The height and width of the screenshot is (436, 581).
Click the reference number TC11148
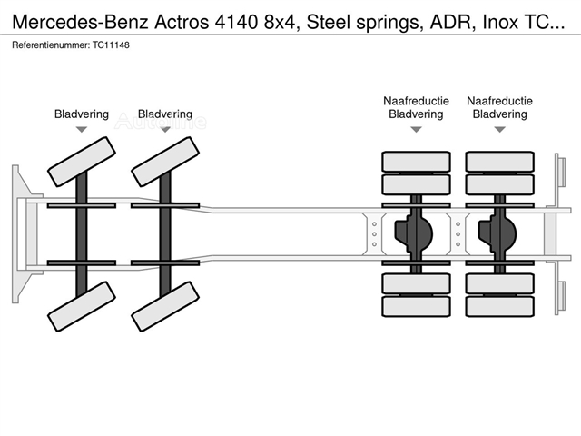111,45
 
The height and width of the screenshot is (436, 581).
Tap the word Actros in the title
182,22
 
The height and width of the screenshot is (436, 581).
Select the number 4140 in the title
236,22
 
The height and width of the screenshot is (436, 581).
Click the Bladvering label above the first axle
82,114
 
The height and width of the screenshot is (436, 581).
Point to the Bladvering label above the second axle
165,114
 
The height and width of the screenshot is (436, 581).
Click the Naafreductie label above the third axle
416,101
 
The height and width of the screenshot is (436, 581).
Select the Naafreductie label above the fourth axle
500,101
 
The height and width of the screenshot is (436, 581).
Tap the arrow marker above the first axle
82,129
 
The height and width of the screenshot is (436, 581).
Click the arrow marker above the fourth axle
500,129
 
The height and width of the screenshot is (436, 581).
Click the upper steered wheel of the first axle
82,162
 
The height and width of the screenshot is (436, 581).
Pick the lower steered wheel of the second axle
165,306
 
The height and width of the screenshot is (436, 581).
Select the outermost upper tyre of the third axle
416,162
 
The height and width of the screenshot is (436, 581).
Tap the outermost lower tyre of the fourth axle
500,307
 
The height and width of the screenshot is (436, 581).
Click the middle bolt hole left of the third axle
374,234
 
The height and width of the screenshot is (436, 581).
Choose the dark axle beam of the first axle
82,234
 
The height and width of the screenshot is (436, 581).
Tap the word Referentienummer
51,45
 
